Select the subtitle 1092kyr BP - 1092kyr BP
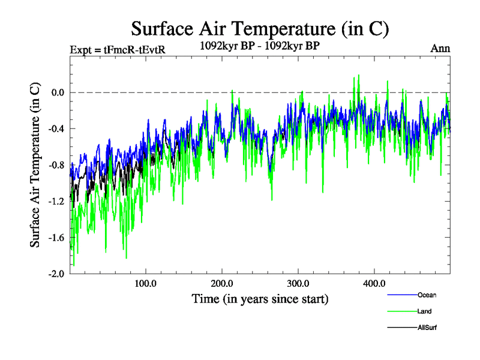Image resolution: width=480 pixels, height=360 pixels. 260,44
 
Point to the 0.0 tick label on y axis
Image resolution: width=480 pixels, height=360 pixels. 57,92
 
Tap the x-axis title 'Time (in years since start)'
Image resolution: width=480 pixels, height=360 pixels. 260,298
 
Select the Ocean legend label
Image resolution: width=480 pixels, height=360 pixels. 427,295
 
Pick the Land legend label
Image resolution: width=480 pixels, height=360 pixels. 424,311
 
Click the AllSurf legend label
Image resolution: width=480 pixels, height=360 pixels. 427,328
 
